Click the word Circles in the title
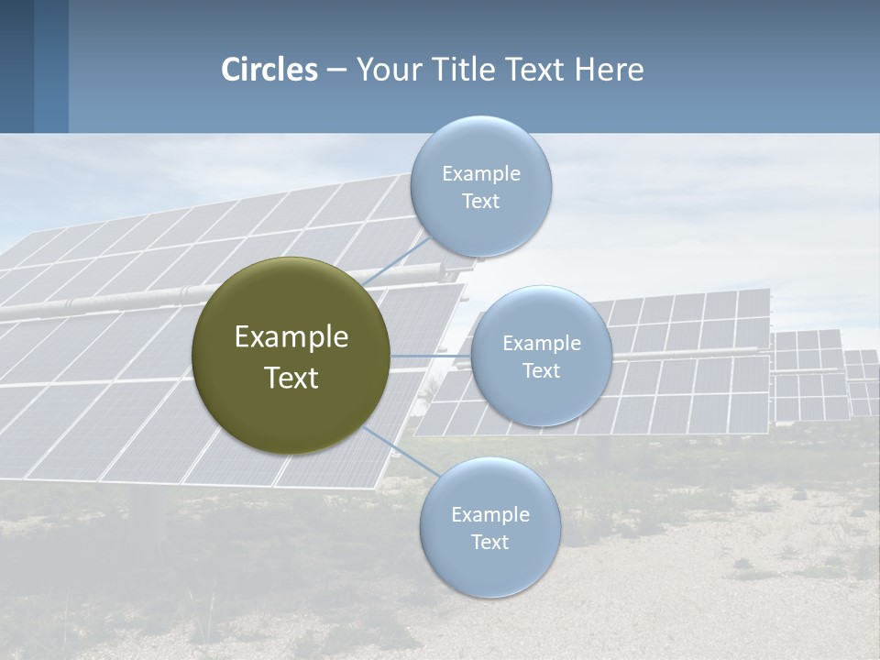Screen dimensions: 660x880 (269, 70)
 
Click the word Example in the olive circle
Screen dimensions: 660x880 (291, 337)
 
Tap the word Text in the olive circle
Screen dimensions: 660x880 (291, 378)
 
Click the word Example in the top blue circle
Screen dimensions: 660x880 (481, 174)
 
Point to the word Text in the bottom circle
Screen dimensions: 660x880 (490, 543)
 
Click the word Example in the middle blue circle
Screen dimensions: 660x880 (542, 344)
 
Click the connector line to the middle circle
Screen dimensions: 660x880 (430, 356)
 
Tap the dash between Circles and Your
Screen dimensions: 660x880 (336, 71)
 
